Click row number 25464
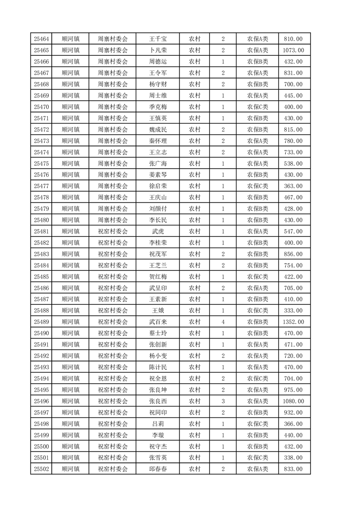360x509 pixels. click(x=41, y=39)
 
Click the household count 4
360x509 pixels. click(x=223, y=322)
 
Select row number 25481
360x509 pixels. click(x=41, y=231)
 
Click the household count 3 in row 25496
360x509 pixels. click(x=223, y=401)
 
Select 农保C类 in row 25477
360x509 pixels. click(x=257, y=186)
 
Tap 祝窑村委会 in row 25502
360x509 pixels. click(x=113, y=469)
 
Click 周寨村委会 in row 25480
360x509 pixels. click(x=113, y=220)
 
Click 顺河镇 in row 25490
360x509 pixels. click(x=70, y=333)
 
